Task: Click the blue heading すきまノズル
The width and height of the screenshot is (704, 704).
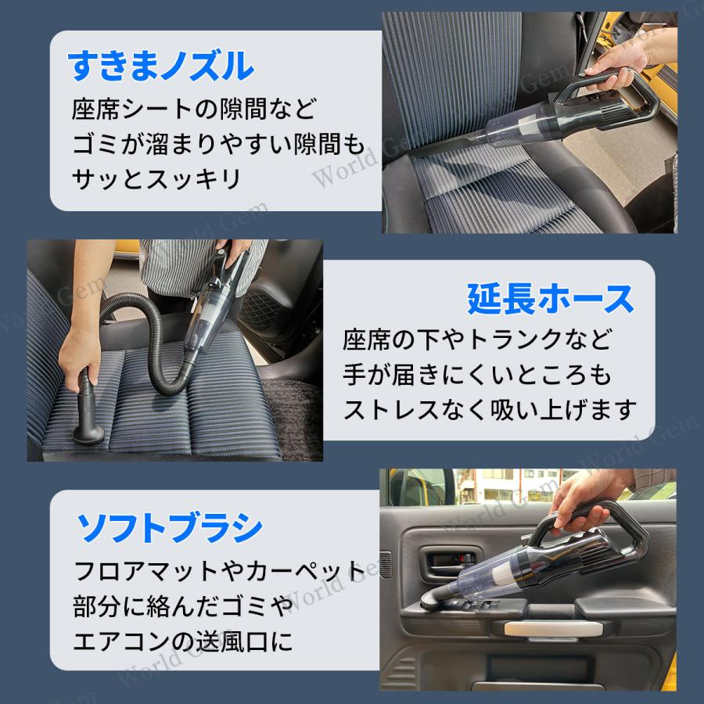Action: (x=162, y=67)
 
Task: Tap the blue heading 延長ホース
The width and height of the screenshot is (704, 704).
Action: (x=550, y=298)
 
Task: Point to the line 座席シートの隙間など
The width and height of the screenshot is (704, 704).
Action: (x=196, y=107)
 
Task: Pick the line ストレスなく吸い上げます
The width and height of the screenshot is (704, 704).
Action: (x=490, y=409)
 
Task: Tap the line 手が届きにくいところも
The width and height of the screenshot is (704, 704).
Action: (x=477, y=374)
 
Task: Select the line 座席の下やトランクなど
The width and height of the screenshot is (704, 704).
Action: (x=477, y=339)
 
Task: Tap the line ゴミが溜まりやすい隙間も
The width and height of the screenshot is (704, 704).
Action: (x=218, y=143)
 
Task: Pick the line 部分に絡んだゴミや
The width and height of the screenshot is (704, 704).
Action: (x=183, y=606)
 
